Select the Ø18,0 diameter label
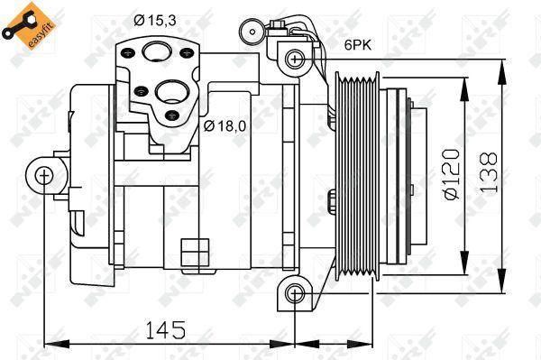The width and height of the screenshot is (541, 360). (225, 125)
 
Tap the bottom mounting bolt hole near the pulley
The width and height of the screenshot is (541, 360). (292, 293)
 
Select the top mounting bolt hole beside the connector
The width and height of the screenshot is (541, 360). (292, 60)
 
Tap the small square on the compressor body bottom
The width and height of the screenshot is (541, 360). (190, 249)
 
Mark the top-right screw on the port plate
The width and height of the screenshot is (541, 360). (188, 51)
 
